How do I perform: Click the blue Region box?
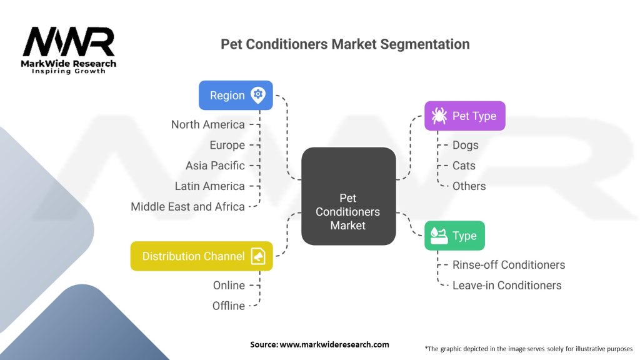[236, 95]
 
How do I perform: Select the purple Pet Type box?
[464, 116]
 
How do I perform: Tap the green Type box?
[454, 236]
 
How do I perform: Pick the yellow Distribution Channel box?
[201, 256]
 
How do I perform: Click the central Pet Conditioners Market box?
[348, 196]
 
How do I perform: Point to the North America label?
[207, 124]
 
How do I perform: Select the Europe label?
[227, 145]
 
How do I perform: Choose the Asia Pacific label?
[215, 166]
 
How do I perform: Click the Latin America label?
[209, 186]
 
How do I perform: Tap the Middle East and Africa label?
[187, 207]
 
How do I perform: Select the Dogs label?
[465, 145]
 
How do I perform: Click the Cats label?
[464, 166]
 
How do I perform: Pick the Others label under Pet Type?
[469, 186]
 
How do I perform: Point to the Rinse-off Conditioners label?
[508, 264]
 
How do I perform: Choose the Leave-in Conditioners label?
[506, 285]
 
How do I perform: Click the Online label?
[229, 285]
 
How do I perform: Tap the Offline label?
[228, 306]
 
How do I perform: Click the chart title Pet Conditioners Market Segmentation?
[345, 44]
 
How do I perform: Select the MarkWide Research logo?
[69, 50]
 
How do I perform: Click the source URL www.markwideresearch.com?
[319, 344]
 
